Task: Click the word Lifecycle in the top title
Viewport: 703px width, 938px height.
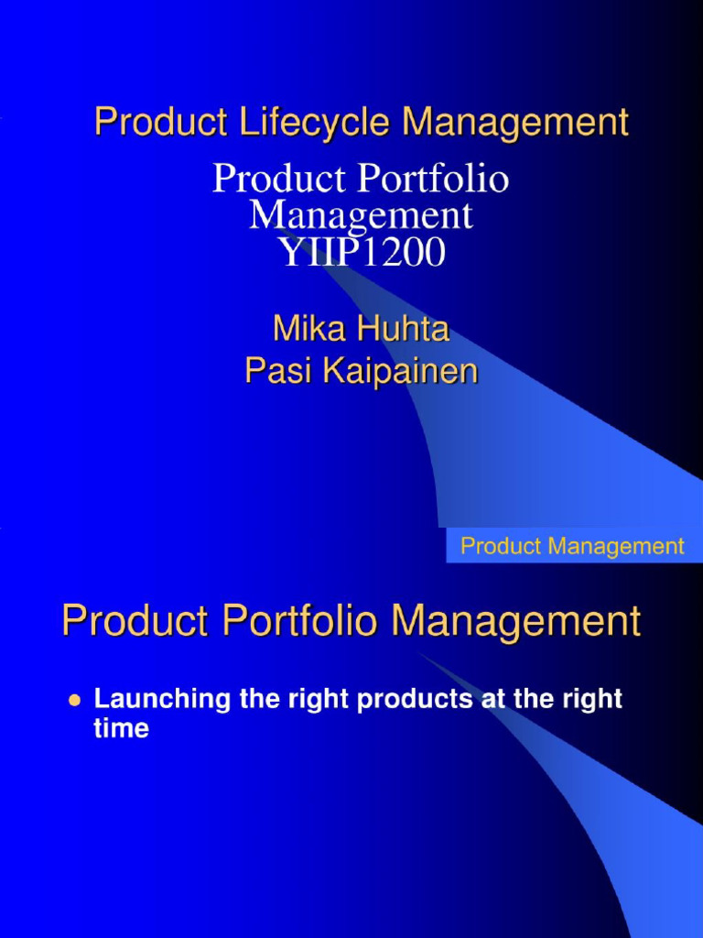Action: point(305,123)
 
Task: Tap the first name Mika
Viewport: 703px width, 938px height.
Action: point(308,330)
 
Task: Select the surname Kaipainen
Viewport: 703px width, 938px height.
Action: point(398,371)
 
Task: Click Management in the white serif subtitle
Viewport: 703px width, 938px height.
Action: point(361,216)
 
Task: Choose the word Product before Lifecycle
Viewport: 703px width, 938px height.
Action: point(152,123)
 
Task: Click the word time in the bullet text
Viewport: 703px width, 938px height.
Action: point(121,729)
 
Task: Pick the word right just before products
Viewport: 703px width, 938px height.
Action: point(321,700)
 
